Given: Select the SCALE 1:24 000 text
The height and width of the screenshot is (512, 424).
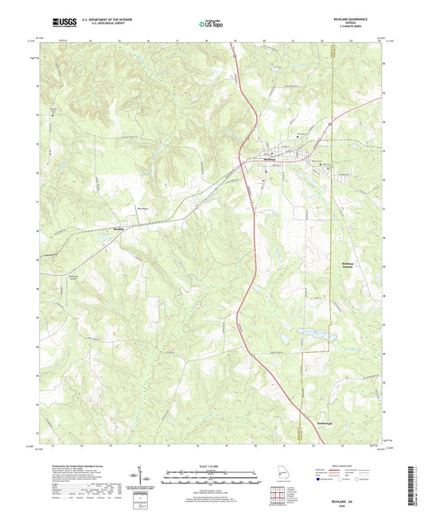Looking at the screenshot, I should [212, 467].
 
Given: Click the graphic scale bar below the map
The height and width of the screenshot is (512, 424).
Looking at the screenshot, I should [212, 478].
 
